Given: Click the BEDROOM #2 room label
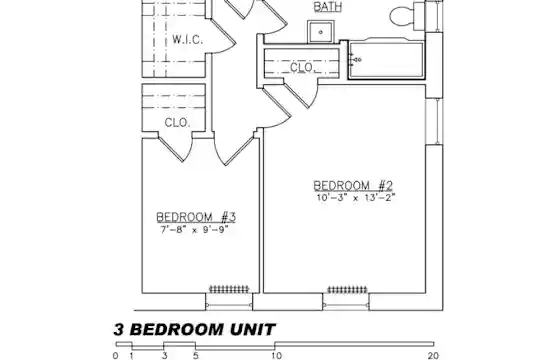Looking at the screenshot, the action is coord(353,186).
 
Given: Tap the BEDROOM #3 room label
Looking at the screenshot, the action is coord(196,217).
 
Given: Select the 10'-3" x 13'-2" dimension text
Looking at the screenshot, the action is coord(356,198).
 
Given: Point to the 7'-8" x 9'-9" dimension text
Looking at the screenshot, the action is coord(195,229).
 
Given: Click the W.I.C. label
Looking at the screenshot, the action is coord(187,40).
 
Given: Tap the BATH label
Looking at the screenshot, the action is coord(328,7).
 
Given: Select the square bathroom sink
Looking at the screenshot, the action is coord(321,32).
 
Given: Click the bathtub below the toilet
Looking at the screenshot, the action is coord(386,59).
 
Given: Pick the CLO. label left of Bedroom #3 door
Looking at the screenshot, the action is coord(177,123).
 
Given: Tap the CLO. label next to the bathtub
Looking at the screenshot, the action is coord(302,67).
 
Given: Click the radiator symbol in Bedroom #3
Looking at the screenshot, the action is coord(229,289).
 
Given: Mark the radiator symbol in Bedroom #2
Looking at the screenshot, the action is coord(347,289).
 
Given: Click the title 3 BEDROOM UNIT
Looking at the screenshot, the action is coord(195,330).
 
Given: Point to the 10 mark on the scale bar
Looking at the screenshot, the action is coord(277,356).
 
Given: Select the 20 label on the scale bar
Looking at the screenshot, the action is coord(433,356).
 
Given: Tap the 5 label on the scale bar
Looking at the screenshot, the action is coord(196,356).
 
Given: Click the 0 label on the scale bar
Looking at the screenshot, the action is coord(115,356).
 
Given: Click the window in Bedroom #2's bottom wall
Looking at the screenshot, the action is coord(346,302).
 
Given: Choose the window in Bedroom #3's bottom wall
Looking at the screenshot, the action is coord(229,302).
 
